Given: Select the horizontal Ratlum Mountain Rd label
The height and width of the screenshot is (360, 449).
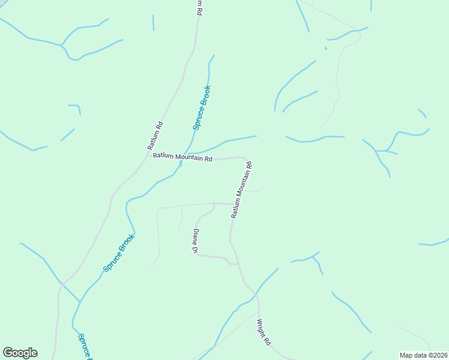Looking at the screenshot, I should tap(182, 158).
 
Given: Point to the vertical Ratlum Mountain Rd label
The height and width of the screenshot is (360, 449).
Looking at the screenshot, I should tap(241, 189).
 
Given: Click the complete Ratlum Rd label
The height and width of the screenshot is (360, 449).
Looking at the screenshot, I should tap(155, 136).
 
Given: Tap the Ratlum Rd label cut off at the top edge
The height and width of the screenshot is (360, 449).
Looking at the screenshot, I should tap(199, 7).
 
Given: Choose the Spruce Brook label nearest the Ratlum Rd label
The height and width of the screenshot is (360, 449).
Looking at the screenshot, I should tap(202, 108).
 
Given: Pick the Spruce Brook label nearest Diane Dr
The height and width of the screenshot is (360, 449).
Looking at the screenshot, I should tap(119, 253).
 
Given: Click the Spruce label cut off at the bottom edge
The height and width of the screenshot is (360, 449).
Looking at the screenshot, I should tap(83, 346).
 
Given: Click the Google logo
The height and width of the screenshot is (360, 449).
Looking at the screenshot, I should tap(20, 353).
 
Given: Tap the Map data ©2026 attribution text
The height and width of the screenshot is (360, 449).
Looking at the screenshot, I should tap(423, 355).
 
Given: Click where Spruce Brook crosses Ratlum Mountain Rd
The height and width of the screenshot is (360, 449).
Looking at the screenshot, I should tap(181, 160).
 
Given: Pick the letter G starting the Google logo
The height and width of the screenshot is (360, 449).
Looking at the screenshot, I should tap(8, 353).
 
